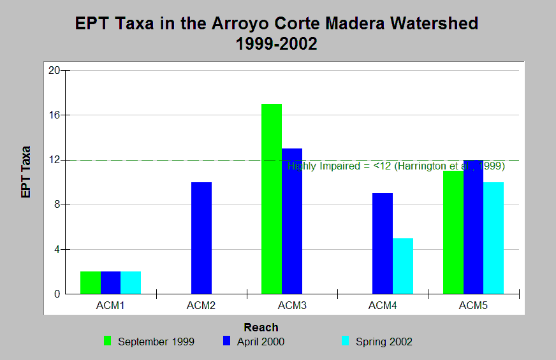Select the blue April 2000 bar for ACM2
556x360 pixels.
(201, 238)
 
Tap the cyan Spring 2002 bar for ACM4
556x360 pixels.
(403, 266)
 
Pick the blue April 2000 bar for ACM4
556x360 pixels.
(383, 243)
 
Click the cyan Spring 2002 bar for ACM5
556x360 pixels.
(494, 238)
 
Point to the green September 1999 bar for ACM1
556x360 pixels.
(91, 283)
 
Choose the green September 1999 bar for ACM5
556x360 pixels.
(453, 233)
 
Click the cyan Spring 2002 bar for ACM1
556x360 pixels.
(131, 283)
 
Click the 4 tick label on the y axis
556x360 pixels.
(57, 250)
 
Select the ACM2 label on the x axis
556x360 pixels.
(201, 306)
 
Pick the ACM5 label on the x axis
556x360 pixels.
(473, 306)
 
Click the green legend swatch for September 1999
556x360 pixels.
(108, 341)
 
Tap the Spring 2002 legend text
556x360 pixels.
(384, 342)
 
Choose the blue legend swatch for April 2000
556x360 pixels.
(227, 341)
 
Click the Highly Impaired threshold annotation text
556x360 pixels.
(396, 166)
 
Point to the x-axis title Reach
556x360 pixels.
(261, 328)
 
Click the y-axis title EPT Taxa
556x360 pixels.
(26, 172)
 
